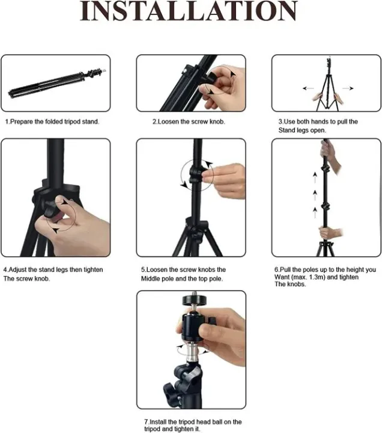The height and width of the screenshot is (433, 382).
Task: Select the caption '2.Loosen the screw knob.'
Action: point(188,121)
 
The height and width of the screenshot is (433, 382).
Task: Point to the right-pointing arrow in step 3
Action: point(347,87)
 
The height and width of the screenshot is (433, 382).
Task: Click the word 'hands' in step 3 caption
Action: point(316,121)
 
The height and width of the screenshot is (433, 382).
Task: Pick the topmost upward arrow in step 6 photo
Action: point(314,176)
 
